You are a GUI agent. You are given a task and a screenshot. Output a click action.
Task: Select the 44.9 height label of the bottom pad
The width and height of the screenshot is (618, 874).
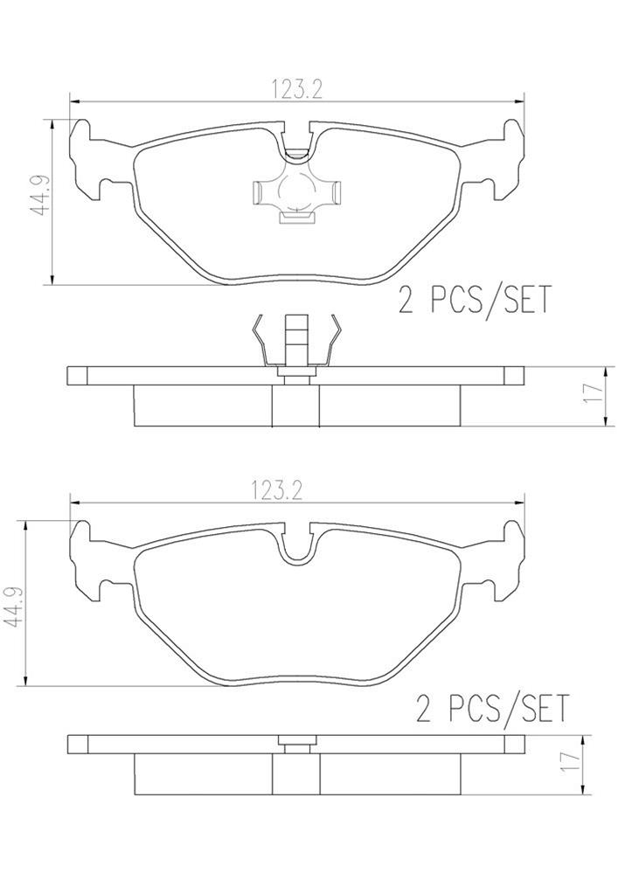(x=15, y=603)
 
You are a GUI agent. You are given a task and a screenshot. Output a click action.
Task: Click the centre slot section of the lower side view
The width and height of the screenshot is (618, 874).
(x=296, y=773)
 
